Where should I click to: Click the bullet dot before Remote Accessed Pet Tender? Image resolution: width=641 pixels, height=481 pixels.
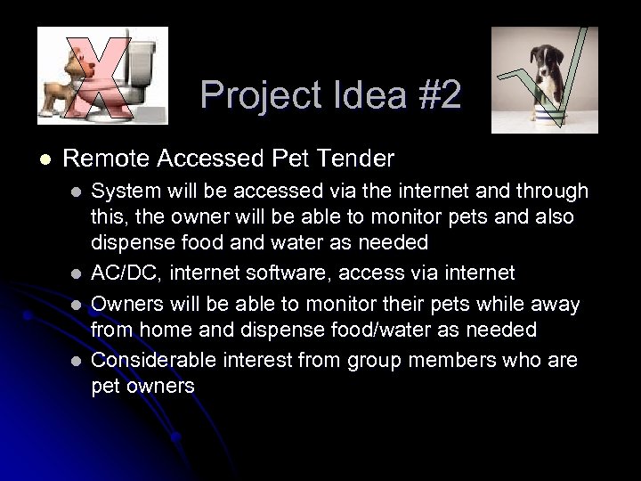pyautogui.click(x=44, y=159)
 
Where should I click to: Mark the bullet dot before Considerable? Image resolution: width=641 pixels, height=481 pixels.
pyautogui.click(x=77, y=361)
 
